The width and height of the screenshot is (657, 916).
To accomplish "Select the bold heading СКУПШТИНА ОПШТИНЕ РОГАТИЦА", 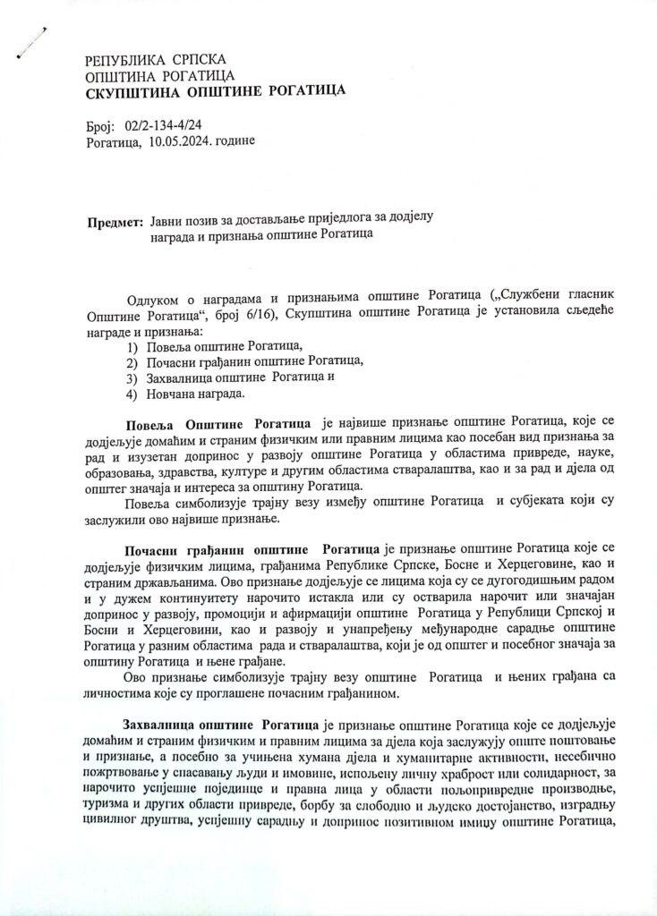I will tap(215, 91).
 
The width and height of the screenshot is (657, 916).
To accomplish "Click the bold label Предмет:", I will tap(115, 221).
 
